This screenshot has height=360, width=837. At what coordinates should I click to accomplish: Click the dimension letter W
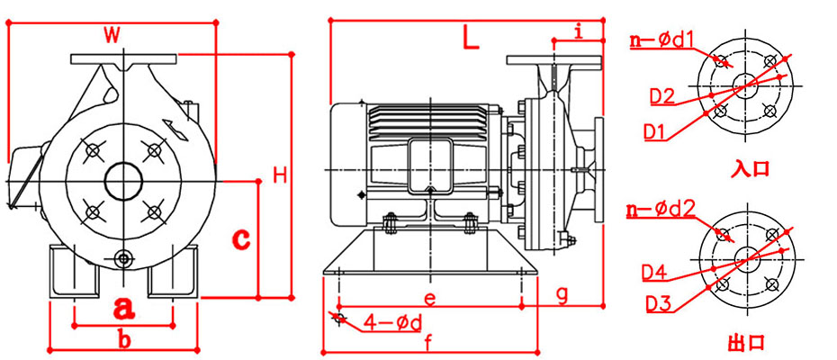111,35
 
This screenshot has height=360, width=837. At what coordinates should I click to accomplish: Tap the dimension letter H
280,175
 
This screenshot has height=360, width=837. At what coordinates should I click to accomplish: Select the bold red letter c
240,238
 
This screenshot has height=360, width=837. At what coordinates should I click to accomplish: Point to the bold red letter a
124,308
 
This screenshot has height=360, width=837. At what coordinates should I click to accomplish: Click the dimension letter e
430,296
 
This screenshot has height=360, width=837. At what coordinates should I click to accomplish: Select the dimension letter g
562,293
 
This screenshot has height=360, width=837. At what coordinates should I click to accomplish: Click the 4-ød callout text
392,321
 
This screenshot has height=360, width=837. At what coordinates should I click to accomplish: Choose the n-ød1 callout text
661,39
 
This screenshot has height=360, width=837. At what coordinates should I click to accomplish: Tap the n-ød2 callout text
661,211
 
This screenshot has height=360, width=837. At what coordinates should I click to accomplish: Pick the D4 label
654,272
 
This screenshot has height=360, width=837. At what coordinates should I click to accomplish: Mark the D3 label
658,304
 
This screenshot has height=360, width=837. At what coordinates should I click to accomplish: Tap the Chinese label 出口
745,342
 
